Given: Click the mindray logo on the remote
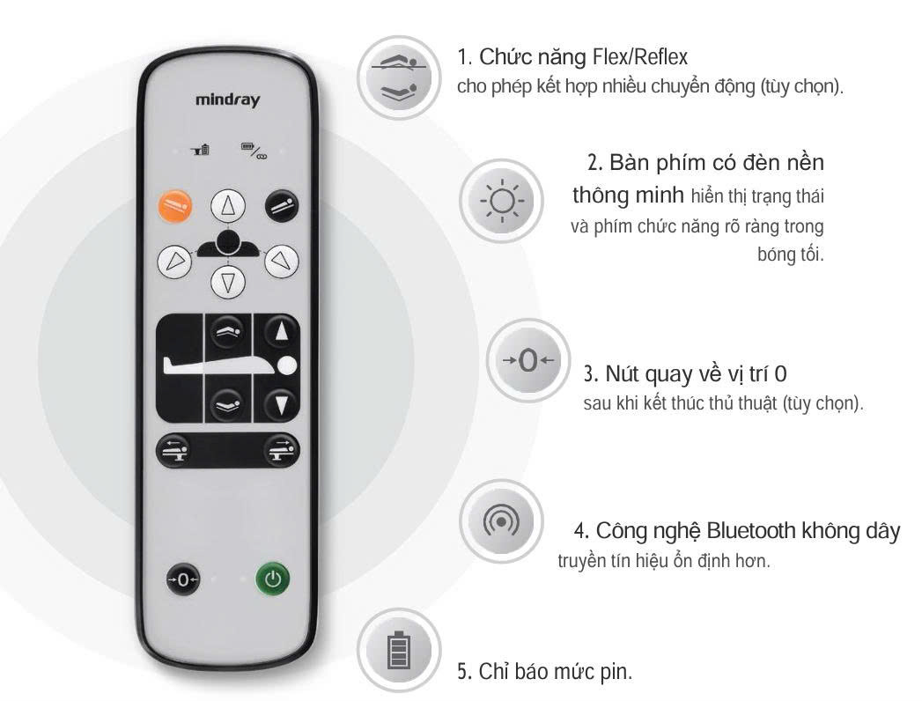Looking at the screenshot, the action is pyautogui.click(x=227, y=100).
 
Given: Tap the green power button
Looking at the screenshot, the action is pyautogui.click(x=273, y=579).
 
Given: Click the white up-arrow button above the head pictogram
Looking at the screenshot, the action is pyautogui.click(x=227, y=206).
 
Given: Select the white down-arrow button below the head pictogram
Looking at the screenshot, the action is pyautogui.click(x=228, y=281).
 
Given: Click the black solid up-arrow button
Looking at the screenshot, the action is pyautogui.click(x=281, y=332).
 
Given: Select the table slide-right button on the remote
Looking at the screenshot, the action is pyautogui.click(x=281, y=451).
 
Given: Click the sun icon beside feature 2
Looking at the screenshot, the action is pyautogui.click(x=502, y=201).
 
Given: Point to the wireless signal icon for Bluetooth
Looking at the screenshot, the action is pyautogui.click(x=501, y=521).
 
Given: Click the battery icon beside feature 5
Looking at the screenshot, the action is pyautogui.click(x=399, y=650).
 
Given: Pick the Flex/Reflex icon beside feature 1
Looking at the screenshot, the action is pyautogui.click(x=399, y=77).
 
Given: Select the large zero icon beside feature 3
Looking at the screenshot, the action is pyautogui.click(x=528, y=360).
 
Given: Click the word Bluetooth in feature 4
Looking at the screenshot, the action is pyautogui.click(x=750, y=530).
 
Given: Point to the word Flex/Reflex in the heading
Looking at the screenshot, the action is pyautogui.click(x=640, y=57).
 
